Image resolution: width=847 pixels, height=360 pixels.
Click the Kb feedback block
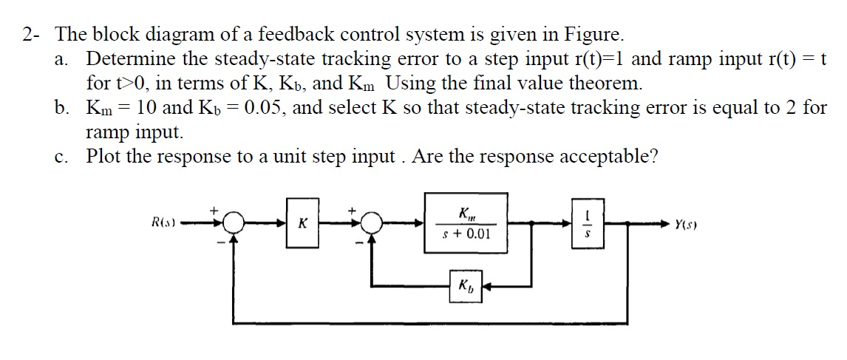point(466,285)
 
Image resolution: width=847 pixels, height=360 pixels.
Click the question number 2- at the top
point(32,34)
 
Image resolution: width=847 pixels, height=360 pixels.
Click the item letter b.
point(61,108)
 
